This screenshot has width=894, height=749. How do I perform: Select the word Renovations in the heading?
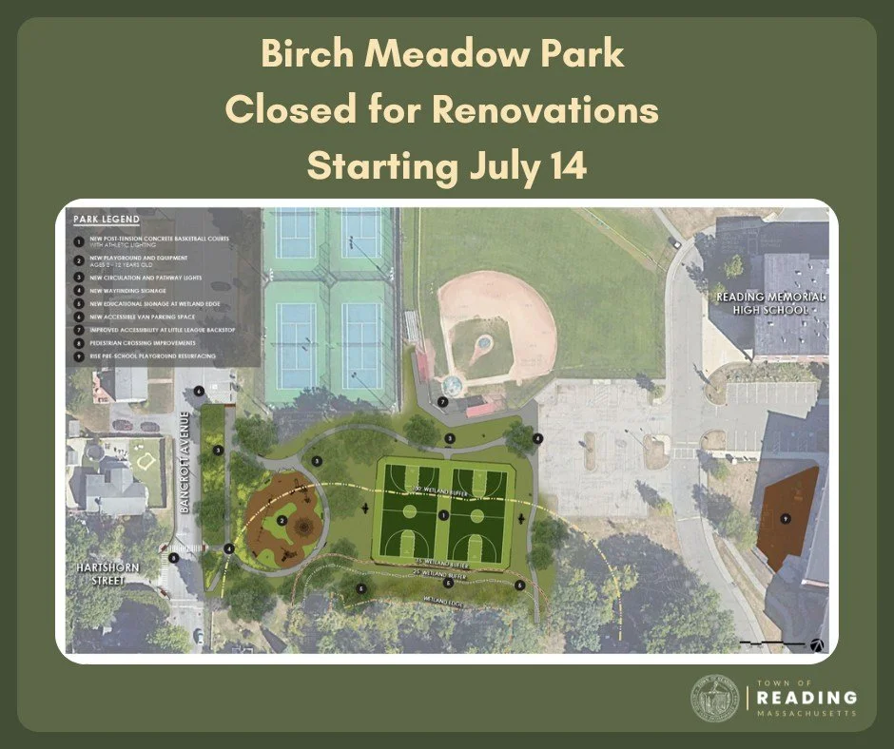pyautogui.click(x=545, y=110)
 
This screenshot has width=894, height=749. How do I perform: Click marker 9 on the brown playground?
pyautogui.click(x=786, y=518)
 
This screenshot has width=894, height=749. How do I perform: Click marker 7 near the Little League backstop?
pyautogui.click(x=442, y=402)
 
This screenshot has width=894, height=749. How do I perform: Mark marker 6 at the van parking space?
pyautogui.click(x=199, y=391)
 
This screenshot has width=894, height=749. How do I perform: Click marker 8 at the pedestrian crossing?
pyautogui.click(x=173, y=558)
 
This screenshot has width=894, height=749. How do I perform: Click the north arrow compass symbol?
pyautogui.click(x=816, y=643)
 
